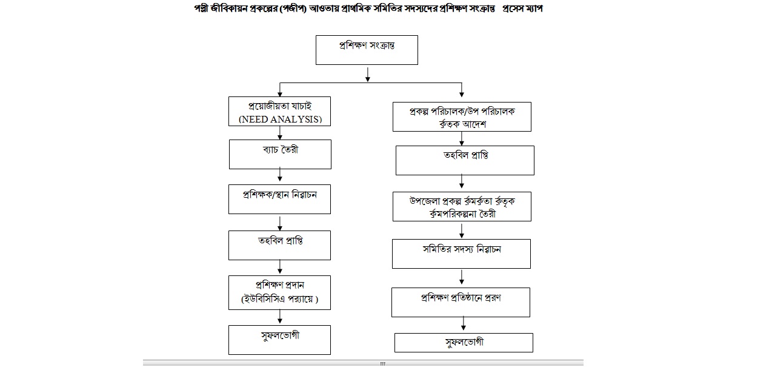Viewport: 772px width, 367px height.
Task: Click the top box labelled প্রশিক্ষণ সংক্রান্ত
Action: [x=367, y=50]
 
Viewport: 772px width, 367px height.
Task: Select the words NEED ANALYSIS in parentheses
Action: [x=279, y=119]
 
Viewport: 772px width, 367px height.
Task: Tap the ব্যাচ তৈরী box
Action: [x=280, y=154]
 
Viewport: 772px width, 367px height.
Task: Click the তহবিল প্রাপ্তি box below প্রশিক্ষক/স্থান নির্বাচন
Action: [x=280, y=244]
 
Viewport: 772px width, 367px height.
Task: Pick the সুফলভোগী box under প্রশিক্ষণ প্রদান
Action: [x=280, y=339]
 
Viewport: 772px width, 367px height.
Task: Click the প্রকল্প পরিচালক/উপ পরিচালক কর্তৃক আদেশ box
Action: [x=462, y=117]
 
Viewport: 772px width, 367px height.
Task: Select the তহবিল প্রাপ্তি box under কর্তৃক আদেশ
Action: [x=465, y=160]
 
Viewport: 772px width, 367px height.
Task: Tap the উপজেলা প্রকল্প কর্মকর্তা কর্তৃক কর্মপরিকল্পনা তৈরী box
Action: [x=462, y=207]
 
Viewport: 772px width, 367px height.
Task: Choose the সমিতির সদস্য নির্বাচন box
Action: [x=461, y=254]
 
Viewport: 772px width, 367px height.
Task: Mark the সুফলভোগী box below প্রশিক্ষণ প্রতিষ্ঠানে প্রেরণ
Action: [x=464, y=342]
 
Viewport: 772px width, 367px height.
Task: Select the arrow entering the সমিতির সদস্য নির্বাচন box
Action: [x=462, y=231]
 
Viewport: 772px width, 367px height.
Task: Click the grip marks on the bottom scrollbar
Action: [x=382, y=364]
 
